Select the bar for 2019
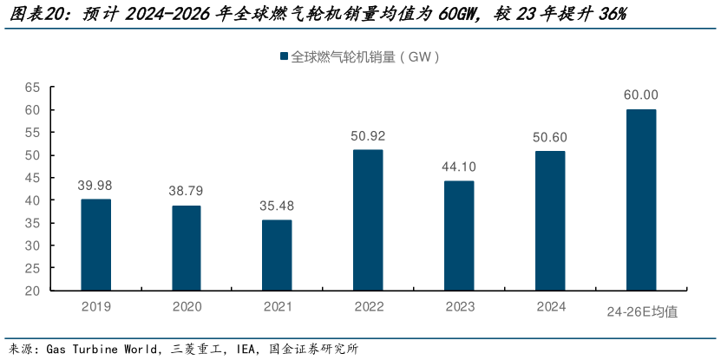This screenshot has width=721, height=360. tap(95, 245)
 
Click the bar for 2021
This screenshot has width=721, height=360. tap(277, 255)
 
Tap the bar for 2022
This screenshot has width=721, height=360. tap(368, 220)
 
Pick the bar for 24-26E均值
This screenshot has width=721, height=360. tap(641, 200)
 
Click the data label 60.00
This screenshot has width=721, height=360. tap(641, 95)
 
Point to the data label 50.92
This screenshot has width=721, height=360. tap(368, 135)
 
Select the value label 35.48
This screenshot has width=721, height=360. tap(277, 206)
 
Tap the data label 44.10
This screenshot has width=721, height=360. tap(459, 167)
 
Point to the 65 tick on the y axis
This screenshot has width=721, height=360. tap(33, 88)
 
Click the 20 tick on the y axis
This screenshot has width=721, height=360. tap(33, 291)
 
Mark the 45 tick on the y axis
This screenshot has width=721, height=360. tap(33, 178)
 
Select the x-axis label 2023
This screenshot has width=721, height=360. tap(459, 307)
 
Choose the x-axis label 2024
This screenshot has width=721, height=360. tap(550, 307)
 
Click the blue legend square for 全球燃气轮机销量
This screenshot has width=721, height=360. tap(284, 57)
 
